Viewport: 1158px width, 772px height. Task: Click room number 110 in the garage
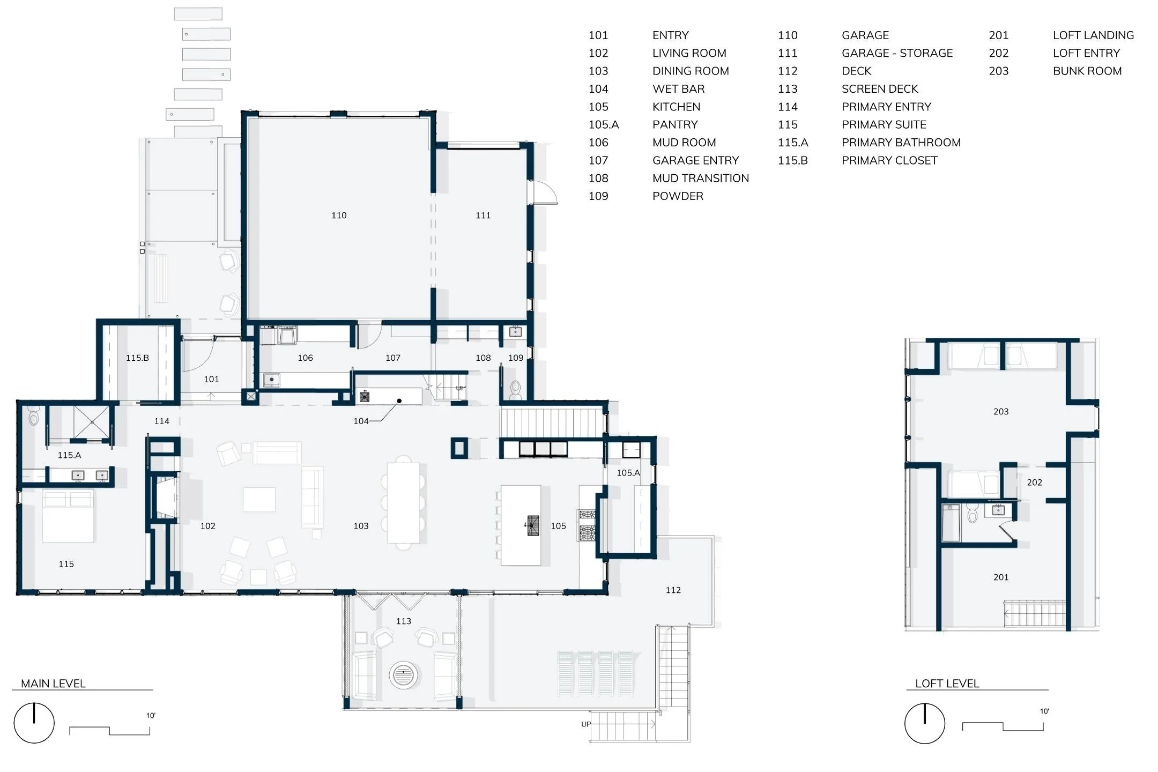tap(339, 216)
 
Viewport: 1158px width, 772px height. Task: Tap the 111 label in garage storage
tap(483, 216)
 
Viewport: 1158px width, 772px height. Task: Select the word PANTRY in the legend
tap(675, 125)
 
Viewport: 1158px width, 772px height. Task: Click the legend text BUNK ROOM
tap(1087, 71)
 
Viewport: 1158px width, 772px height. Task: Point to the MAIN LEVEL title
tap(53, 684)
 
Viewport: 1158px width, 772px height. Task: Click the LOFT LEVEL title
tap(947, 684)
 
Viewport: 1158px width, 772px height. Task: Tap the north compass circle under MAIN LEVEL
tap(34, 723)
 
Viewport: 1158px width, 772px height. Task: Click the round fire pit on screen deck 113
tap(403, 674)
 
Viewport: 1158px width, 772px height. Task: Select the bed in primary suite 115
tap(68, 516)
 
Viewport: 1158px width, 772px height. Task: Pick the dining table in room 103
tap(403, 503)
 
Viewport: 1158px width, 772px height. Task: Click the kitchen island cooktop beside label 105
tap(532, 525)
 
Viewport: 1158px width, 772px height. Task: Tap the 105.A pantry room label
tap(628, 473)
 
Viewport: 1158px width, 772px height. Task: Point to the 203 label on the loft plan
tap(1000, 412)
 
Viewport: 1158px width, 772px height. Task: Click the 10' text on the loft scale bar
tap(1044, 711)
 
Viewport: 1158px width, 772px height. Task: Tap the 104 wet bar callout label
tap(361, 421)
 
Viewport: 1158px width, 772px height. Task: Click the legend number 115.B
tap(792, 161)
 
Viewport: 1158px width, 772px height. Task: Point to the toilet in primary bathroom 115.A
tap(34, 415)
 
